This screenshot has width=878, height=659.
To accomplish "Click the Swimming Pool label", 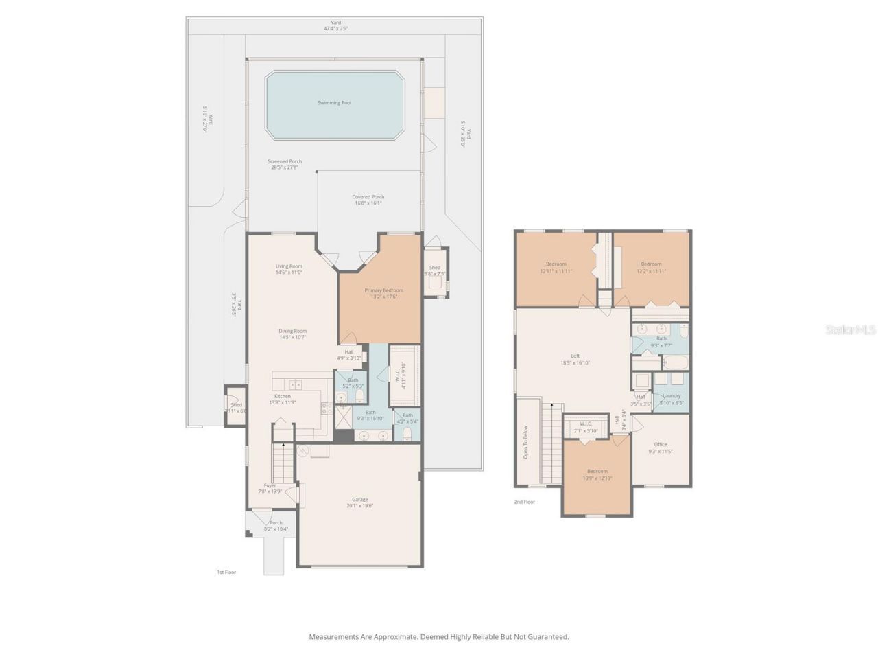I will point(334,103).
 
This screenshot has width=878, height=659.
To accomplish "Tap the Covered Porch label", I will point(368,197).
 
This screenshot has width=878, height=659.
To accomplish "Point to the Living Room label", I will point(289,266).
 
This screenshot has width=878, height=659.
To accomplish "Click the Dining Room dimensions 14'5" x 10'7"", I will point(292,337).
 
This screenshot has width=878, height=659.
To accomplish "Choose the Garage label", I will point(359,500).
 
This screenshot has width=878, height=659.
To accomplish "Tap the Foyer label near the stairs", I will point(270,485).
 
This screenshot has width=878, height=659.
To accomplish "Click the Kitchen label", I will point(283,396).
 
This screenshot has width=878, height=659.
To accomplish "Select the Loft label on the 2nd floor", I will point(575,356).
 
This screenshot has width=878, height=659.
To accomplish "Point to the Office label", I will point(660,444).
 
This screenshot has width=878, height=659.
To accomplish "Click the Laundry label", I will point(672,395).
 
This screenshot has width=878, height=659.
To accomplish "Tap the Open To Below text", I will point(526,442).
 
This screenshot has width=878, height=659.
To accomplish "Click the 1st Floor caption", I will point(226,572).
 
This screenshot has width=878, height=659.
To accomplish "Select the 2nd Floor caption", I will point(524,502).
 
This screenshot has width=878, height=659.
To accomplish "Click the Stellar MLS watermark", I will point(851,330).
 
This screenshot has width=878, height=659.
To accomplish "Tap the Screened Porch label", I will point(285,161).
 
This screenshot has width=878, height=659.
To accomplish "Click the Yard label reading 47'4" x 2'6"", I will point(336,25).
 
